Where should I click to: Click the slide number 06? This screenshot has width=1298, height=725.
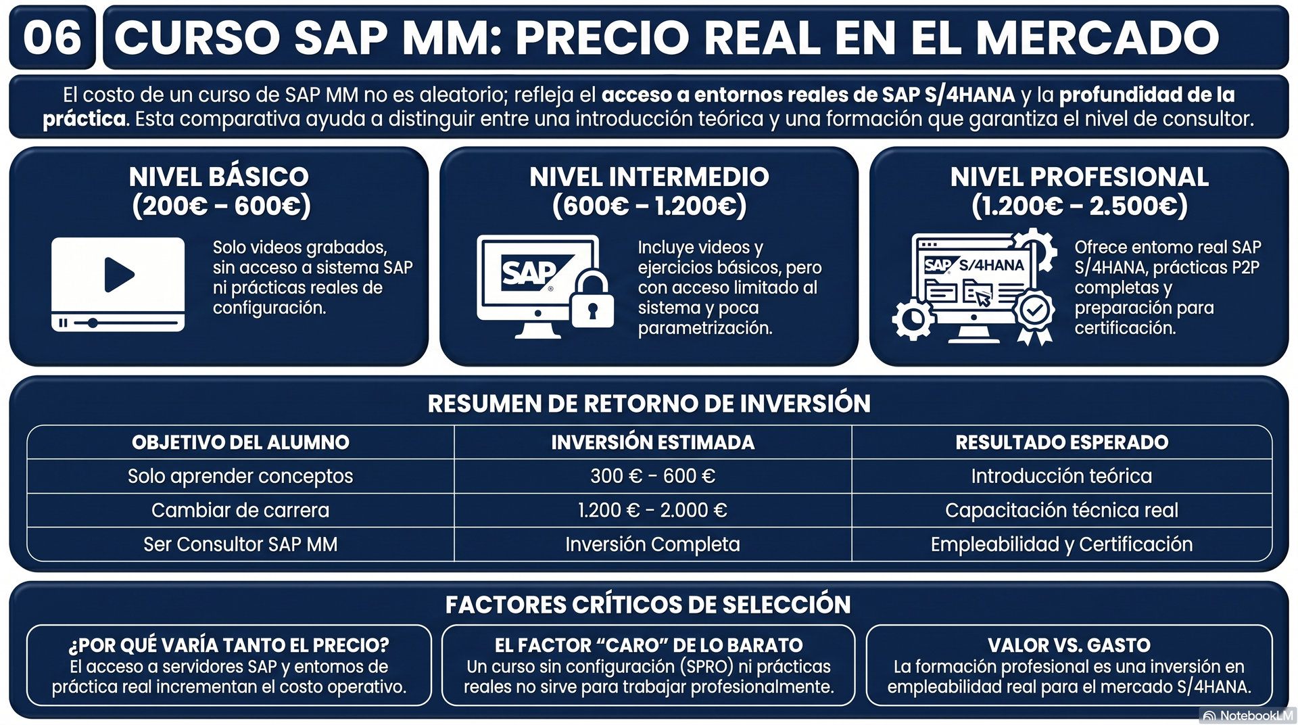(x=52, y=38)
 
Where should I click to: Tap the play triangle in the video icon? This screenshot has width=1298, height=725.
(x=119, y=275)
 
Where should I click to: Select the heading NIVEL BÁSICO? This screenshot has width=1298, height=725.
(x=219, y=177)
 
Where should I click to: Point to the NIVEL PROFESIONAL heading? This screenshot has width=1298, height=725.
(x=1079, y=177)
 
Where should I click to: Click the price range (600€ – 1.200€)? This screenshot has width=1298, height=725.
(x=649, y=206)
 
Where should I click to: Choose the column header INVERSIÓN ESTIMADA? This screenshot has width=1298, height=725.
(x=652, y=442)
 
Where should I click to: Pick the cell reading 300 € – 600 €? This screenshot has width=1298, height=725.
(x=652, y=476)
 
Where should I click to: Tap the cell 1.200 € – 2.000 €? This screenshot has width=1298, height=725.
(x=652, y=510)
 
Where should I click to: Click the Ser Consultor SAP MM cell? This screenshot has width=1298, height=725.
(x=240, y=544)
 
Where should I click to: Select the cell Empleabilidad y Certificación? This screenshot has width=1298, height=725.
(x=1061, y=544)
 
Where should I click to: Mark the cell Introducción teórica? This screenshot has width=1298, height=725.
(x=1061, y=476)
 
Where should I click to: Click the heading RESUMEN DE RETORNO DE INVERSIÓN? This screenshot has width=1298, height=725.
(x=649, y=404)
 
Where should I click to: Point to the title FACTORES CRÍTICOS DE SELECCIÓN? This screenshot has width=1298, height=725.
(x=648, y=605)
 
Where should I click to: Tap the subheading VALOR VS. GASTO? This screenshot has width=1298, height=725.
(x=1069, y=645)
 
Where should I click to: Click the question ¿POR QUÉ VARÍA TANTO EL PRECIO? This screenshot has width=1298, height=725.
(x=229, y=645)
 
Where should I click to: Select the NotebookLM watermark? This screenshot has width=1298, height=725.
(x=1248, y=716)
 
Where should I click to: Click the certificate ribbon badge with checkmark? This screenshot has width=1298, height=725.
(x=1034, y=313)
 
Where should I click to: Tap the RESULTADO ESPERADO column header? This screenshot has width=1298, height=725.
(x=1061, y=442)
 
